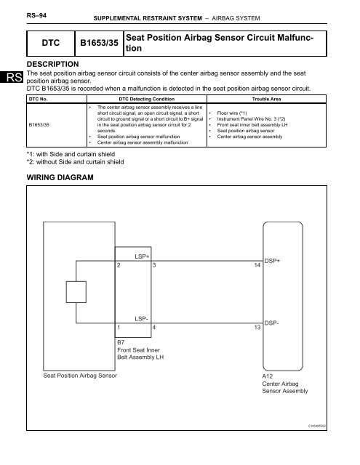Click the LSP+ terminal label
click(x=143, y=256)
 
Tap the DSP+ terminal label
click(x=273, y=259)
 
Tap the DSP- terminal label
click(x=273, y=322)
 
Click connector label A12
click(x=268, y=377)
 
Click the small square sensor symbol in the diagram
click(x=76, y=292)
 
